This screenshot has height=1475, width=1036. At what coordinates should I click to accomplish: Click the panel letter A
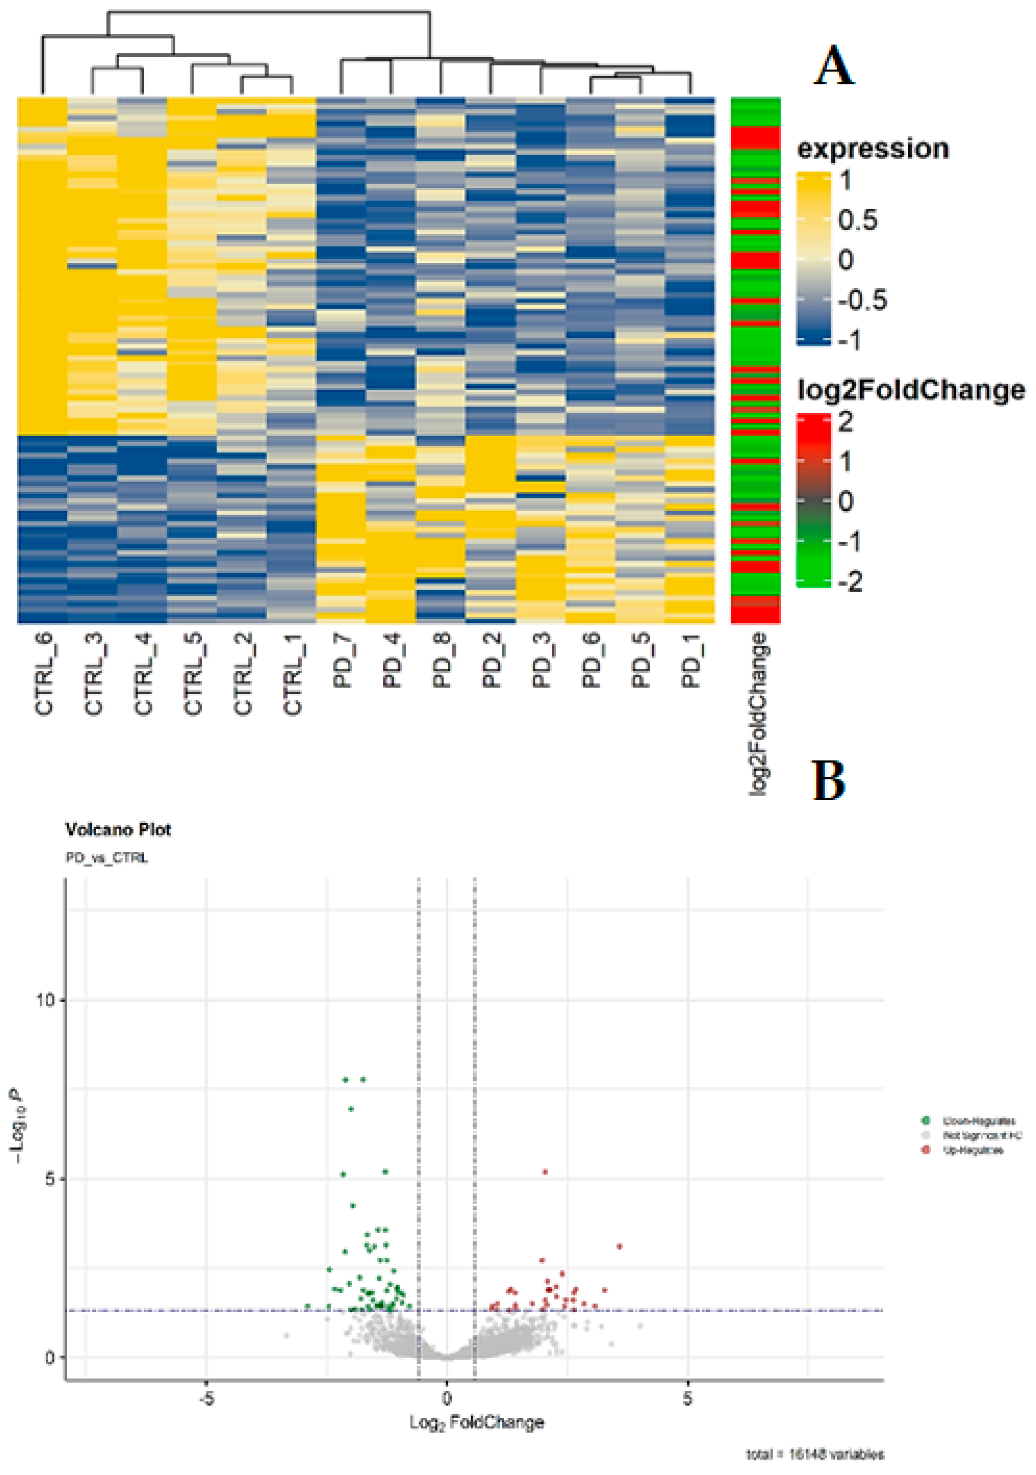834,66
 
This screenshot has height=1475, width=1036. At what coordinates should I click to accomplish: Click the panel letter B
829,780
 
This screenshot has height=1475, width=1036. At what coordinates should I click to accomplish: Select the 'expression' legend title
872,148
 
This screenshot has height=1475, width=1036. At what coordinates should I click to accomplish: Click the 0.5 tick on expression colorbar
857,220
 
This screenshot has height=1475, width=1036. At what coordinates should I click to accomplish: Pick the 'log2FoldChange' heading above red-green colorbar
910,390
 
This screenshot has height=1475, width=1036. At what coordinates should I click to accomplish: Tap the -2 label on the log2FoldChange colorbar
850,581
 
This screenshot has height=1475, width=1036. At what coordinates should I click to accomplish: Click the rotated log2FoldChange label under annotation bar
758,714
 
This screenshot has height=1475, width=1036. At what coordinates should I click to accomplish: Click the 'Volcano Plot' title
118,829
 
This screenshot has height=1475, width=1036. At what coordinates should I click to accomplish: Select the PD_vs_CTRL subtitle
107,858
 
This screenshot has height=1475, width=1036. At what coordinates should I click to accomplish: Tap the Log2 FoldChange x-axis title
477,1422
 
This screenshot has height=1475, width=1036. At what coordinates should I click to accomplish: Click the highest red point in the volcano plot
545,1172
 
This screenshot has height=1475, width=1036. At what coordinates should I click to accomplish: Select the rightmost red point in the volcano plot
619,1246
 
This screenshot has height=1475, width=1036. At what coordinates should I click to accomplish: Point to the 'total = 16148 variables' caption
814,1454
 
